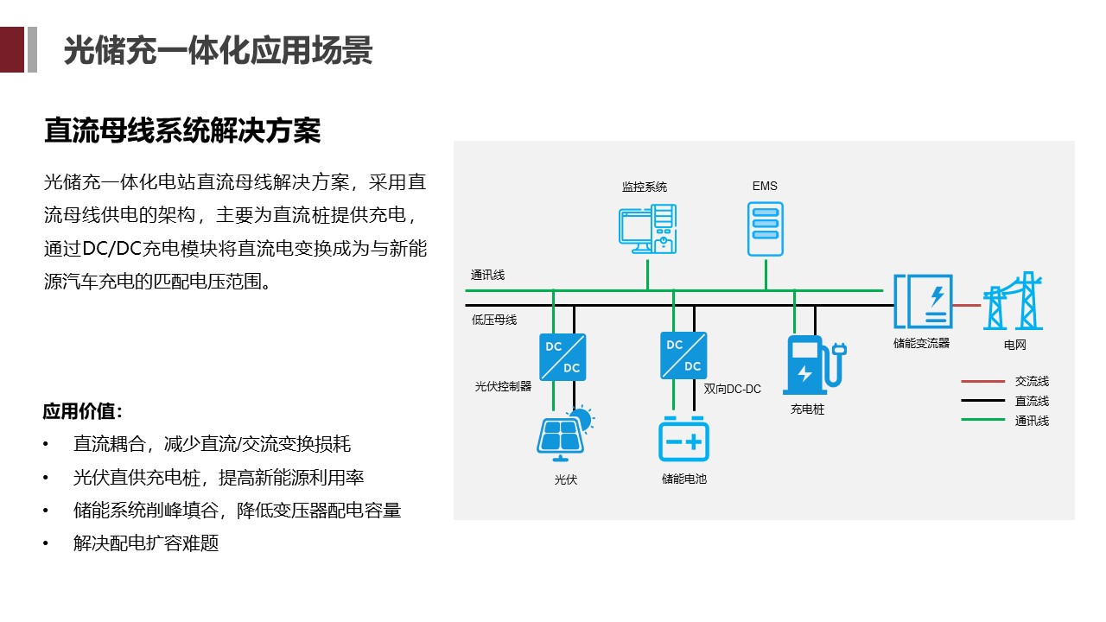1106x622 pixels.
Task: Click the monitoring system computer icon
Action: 647,229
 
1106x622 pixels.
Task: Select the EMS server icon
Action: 766,229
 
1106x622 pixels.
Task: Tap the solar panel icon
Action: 564,432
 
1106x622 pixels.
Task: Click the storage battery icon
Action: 683,441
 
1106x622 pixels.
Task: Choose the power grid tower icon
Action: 1014,301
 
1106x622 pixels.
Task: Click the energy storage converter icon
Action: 923,301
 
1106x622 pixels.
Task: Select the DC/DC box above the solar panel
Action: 563,357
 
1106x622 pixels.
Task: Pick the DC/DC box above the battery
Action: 683,355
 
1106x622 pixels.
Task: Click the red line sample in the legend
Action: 983,381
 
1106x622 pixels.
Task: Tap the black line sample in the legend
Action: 983,401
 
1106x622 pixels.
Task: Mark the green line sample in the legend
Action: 983,421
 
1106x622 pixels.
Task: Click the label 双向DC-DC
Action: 733,390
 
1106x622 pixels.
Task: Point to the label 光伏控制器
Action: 503,386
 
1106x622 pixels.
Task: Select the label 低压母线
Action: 494,320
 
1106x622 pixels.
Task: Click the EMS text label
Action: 765,186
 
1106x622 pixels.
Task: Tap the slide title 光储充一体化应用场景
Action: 218,50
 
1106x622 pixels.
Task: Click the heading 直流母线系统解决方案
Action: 182,130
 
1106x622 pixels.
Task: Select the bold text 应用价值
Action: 83,410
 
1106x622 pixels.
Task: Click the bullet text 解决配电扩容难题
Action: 146,543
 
